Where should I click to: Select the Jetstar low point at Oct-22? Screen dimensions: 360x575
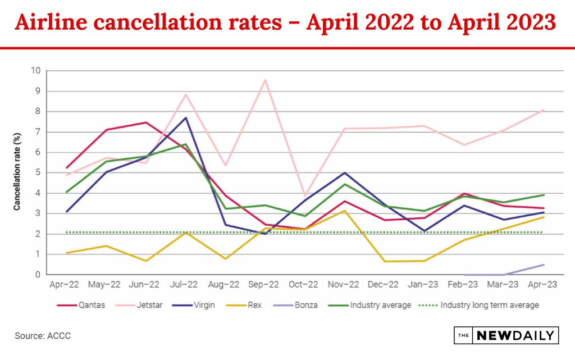pos(305,195)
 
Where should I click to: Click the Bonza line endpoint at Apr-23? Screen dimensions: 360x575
pos(544,265)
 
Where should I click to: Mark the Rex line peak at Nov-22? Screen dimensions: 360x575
pos(345,211)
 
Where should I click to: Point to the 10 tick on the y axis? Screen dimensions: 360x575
pos(36,71)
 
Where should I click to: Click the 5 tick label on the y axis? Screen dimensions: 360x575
pos(38,173)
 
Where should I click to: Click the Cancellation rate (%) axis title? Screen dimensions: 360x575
pos(17,172)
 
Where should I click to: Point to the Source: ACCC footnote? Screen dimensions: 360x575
pos(43,336)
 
